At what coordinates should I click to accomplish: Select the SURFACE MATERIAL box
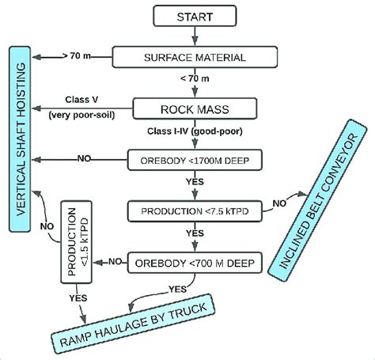click(195, 57)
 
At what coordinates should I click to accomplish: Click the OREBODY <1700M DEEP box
click(195, 159)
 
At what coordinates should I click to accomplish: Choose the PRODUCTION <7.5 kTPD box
click(195, 211)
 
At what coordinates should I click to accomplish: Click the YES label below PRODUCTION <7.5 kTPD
click(195, 234)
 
